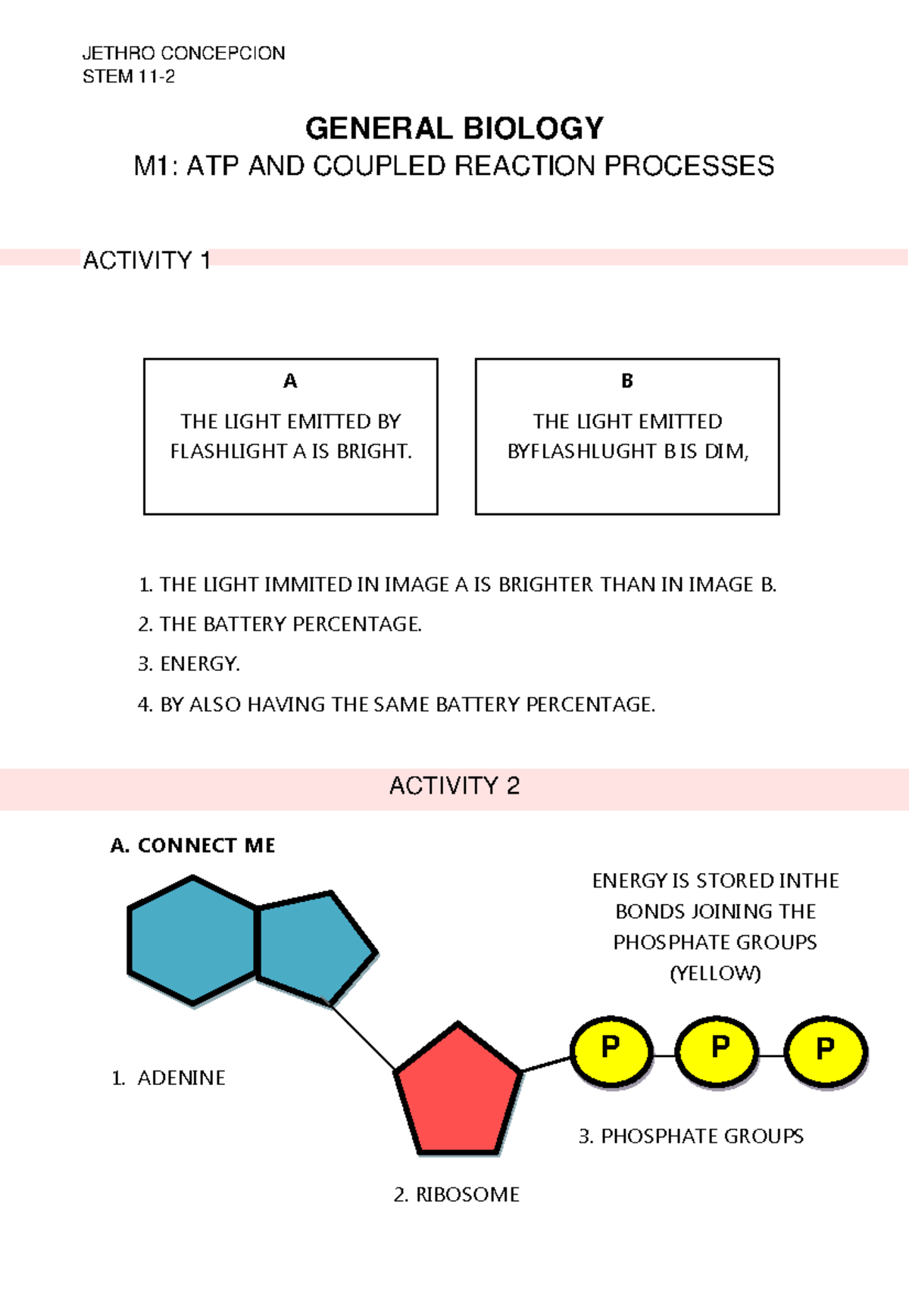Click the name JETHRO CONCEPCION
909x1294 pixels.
(183, 53)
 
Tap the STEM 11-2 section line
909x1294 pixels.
(129, 76)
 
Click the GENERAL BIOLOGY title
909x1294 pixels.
(454, 128)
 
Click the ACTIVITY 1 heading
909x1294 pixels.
(146, 260)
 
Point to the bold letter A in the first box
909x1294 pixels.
(290, 381)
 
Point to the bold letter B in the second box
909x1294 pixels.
(627, 381)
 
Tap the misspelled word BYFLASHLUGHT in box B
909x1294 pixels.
(582, 451)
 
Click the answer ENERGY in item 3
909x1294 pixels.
(199, 664)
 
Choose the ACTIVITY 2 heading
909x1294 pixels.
(454, 786)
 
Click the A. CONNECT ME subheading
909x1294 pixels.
(192, 845)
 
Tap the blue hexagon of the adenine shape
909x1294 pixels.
(193, 940)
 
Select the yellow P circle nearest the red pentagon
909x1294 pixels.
(611, 1051)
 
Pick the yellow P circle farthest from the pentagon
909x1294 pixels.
(825, 1051)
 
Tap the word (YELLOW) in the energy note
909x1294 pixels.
(715, 973)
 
